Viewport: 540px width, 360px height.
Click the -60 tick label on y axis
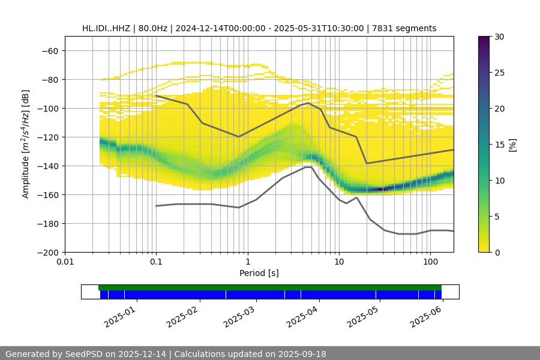(49, 51)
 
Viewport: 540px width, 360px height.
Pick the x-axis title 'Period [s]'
(259, 273)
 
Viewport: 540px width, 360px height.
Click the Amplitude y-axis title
(26, 144)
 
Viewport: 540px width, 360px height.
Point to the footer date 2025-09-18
(304, 354)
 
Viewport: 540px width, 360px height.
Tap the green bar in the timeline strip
(270, 287)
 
